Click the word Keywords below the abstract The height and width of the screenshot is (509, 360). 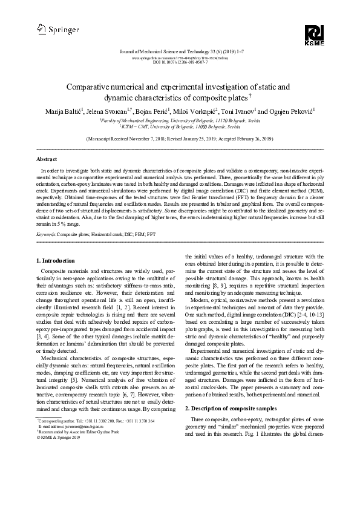tap(48, 216)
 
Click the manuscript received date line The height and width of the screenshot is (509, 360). tap(180, 139)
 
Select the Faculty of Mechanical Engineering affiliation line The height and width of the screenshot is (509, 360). tap(180, 121)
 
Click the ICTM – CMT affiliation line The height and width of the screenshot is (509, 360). tap(180, 127)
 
